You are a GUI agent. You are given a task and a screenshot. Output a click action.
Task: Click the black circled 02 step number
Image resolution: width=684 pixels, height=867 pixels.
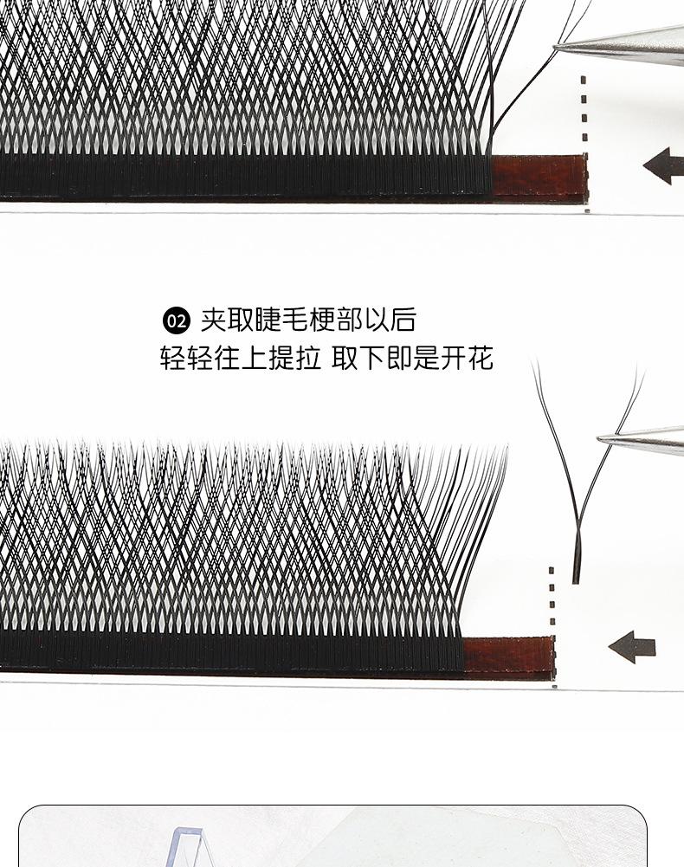tap(176, 321)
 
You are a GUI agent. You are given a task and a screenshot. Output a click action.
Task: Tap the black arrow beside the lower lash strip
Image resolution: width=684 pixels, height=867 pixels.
tap(632, 646)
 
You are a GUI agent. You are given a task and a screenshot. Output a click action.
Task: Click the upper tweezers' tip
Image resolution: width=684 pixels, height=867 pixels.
tap(559, 44)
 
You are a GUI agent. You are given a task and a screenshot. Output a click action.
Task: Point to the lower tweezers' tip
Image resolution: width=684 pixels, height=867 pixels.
tap(603, 439)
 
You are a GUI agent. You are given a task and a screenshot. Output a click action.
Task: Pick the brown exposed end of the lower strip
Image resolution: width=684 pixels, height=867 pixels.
tap(508, 656)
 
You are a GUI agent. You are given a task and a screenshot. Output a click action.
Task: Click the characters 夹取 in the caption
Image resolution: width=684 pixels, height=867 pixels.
tap(227, 320)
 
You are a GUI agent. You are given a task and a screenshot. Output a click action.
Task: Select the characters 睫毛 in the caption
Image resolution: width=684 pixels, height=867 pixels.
tap(281, 320)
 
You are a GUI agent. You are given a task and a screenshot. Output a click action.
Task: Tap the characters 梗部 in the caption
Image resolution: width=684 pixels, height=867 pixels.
tap(334, 320)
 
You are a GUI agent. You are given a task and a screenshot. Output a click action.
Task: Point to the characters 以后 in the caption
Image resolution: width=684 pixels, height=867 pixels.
tap(389, 320)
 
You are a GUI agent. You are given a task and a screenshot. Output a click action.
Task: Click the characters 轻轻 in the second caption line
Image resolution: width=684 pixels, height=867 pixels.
tap(186, 359)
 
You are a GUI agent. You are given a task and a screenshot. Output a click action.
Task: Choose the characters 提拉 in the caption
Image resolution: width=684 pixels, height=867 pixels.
tap(294, 359)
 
